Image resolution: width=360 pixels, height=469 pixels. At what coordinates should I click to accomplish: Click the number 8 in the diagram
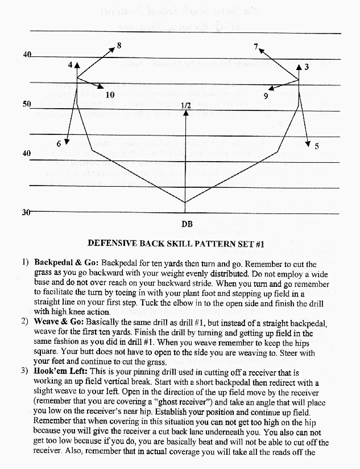click(119, 45)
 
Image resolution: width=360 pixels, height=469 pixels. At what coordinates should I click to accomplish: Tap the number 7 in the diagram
click(256, 46)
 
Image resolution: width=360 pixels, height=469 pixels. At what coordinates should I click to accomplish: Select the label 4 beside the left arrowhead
click(70, 65)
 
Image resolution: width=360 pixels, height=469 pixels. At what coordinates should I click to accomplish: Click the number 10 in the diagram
click(110, 94)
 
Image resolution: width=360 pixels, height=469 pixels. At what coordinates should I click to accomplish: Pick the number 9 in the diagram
click(266, 96)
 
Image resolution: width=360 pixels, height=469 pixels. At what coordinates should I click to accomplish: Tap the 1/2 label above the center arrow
click(185, 106)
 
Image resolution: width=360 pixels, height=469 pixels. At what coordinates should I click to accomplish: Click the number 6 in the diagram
click(59, 143)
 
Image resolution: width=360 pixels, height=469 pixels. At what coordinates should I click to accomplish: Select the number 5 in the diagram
click(317, 146)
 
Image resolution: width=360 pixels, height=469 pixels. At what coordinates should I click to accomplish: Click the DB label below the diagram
click(186, 224)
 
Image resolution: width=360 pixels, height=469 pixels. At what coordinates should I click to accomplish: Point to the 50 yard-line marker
click(27, 105)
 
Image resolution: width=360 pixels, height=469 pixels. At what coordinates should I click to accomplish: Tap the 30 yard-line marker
click(26, 212)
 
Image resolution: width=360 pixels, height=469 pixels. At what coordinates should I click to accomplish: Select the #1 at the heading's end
click(260, 244)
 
